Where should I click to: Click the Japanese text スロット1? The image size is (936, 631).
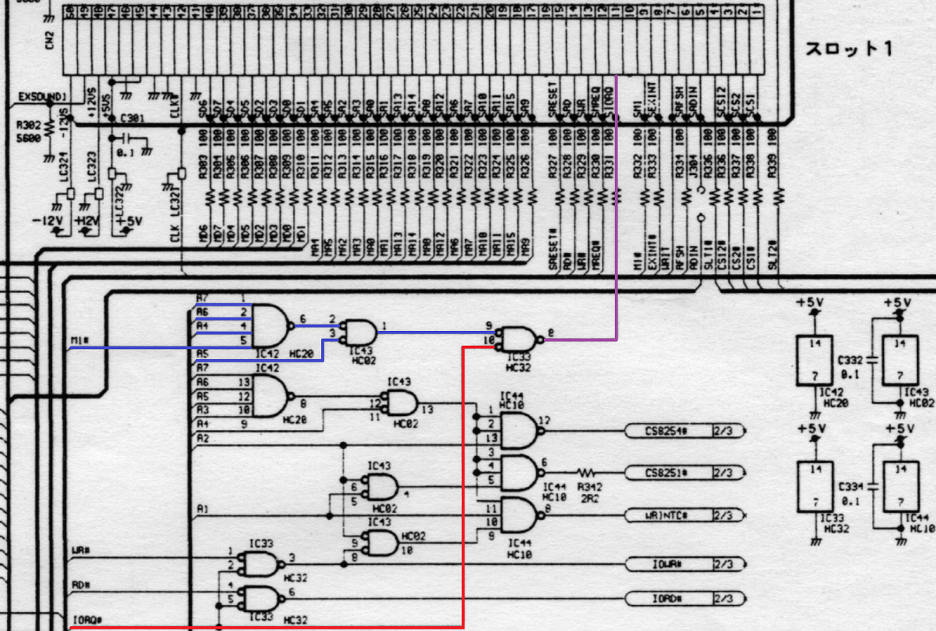pos(848,49)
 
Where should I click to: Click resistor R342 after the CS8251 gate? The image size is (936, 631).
pos(586,473)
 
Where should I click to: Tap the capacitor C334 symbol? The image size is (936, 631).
pos(871,486)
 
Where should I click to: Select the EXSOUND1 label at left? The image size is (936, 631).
pos(43,97)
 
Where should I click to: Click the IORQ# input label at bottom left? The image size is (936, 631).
pos(82,620)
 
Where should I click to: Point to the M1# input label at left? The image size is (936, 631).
pos(80,340)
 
